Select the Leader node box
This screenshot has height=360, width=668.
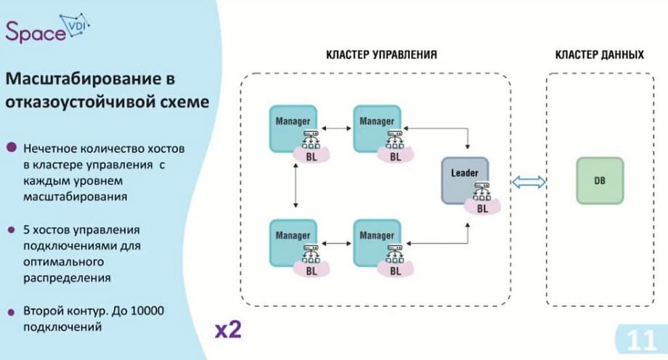[465, 179]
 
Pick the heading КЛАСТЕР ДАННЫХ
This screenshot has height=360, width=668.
[599, 55]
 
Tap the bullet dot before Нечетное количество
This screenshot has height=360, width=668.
[12, 147]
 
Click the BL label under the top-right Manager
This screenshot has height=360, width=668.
[396, 155]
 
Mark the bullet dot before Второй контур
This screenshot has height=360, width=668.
[12, 311]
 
